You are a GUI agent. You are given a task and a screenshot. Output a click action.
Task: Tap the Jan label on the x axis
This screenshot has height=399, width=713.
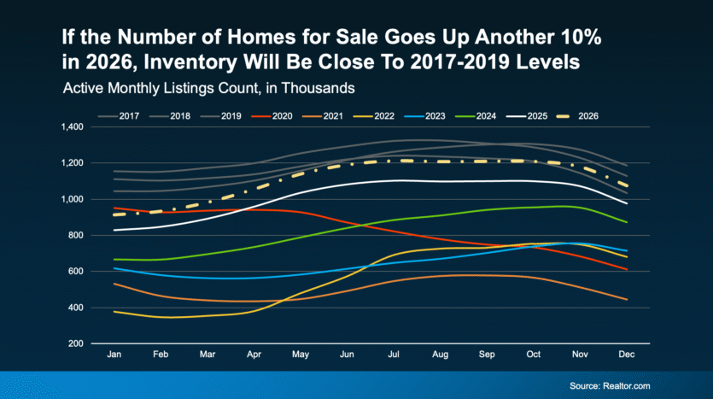[x=114, y=353]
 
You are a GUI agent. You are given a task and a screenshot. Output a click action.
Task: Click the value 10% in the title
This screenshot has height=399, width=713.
[x=563, y=38]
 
